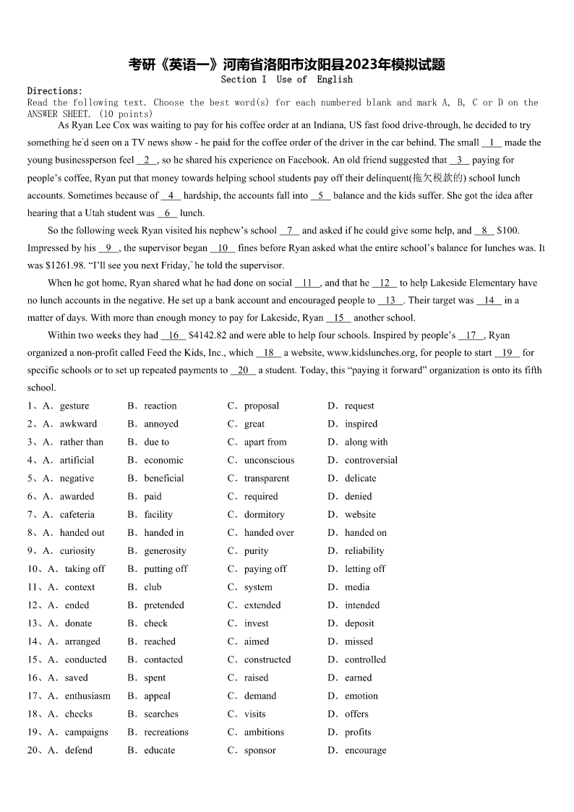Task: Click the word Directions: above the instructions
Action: click(x=55, y=91)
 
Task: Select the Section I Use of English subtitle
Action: click(x=286, y=80)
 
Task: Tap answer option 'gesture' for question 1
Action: click(x=74, y=406)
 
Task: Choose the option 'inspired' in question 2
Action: click(x=361, y=424)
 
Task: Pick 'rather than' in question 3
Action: click(x=82, y=442)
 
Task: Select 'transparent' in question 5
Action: click(x=267, y=478)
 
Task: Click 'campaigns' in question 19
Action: click(x=87, y=732)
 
